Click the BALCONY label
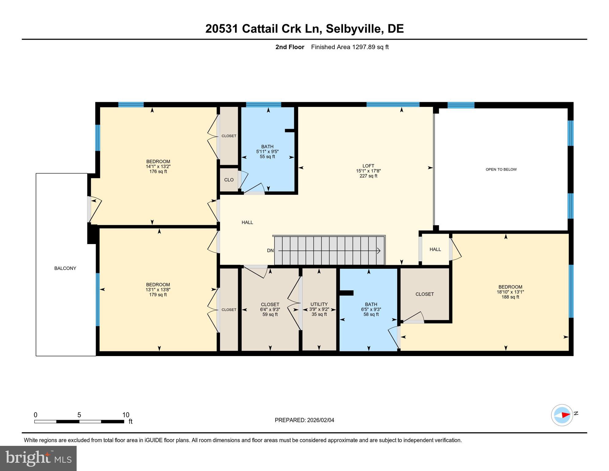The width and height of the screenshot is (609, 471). (x=65, y=268)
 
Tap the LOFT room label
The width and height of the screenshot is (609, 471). (x=368, y=166)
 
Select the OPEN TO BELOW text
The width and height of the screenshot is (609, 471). (x=501, y=169)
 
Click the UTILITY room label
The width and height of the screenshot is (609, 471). (x=319, y=304)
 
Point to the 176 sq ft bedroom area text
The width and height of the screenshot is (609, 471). (x=158, y=171)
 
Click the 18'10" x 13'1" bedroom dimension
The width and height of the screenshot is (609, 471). (x=510, y=292)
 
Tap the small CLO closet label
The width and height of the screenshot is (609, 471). (x=229, y=180)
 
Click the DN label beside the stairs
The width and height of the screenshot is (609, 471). (x=270, y=251)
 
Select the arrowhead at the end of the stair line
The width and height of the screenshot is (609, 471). (x=379, y=251)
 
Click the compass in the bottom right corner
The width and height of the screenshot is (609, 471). (x=562, y=415)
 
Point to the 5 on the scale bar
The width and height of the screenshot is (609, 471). (x=79, y=415)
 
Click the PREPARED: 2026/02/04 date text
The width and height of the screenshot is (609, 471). (x=304, y=420)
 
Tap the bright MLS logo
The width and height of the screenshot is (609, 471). (x=38, y=458)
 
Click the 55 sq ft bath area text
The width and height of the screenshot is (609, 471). (x=267, y=157)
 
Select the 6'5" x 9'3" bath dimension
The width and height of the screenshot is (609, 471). (x=371, y=309)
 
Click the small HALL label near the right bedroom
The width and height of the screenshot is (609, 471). (x=435, y=249)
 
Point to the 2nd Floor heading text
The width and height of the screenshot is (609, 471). (x=290, y=47)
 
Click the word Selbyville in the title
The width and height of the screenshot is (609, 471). (x=354, y=29)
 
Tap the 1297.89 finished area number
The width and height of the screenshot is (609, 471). (x=363, y=47)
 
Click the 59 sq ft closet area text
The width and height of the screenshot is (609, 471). (x=270, y=314)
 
